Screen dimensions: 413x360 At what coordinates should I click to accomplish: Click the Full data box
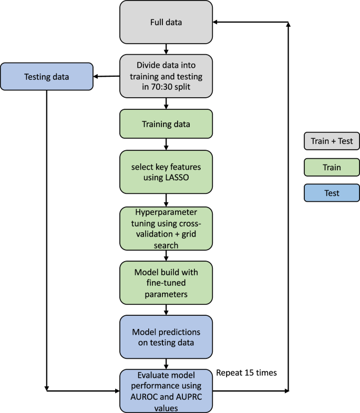pyautogui.click(x=166, y=22)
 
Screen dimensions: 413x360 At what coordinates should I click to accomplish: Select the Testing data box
pyautogui.click(x=47, y=77)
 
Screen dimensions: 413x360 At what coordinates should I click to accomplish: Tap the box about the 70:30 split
pyautogui.click(x=166, y=77)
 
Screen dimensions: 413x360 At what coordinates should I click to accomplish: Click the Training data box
pyautogui.click(x=166, y=124)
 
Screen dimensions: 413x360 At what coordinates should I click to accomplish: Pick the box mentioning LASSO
pyautogui.click(x=166, y=171)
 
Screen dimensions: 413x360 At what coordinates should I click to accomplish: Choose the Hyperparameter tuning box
pyautogui.click(x=166, y=228)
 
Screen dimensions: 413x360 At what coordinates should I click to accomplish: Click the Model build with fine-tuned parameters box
pyautogui.click(x=166, y=283)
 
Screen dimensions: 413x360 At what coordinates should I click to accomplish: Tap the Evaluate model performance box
pyautogui.click(x=166, y=390)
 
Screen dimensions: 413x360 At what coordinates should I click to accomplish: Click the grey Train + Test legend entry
pyautogui.click(x=332, y=141)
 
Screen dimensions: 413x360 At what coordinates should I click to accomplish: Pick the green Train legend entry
pyautogui.click(x=332, y=168)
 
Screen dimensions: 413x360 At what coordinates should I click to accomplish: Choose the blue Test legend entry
pyautogui.click(x=332, y=193)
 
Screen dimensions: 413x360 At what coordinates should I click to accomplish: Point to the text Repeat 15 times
pyautogui.click(x=246, y=373)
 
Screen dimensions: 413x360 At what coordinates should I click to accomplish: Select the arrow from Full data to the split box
pyautogui.click(x=166, y=49)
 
